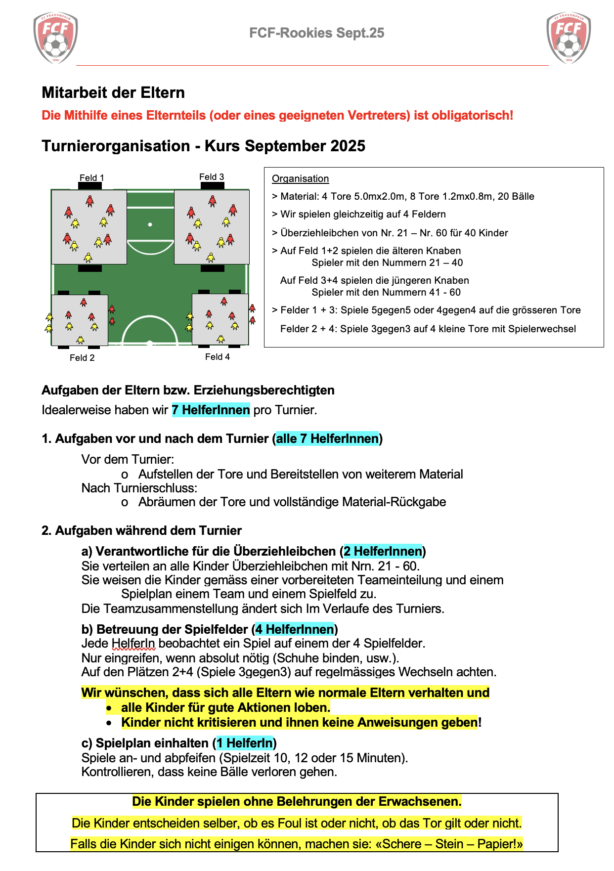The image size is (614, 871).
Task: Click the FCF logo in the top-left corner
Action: (x=55, y=39)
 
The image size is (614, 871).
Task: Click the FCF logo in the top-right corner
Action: (x=569, y=39)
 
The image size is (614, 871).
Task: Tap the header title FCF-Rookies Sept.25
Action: (x=316, y=33)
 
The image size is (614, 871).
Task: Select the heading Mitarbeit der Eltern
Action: (x=113, y=92)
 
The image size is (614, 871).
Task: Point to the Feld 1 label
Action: (x=92, y=178)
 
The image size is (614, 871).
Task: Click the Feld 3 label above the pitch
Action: (x=212, y=177)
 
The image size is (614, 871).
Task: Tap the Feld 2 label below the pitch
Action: (x=82, y=358)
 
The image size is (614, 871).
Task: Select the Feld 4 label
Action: (x=218, y=357)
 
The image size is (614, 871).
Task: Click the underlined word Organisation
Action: (x=301, y=179)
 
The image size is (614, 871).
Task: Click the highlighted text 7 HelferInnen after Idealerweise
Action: (x=211, y=410)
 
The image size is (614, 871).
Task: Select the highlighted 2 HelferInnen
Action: (x=383, y=552)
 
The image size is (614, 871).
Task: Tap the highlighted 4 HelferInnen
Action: (x=295, y=629)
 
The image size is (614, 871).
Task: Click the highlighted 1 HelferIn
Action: (x=245, y=743)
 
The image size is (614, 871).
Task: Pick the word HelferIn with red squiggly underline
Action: (x=133, y=644)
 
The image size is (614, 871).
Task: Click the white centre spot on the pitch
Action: (x=150, y=224)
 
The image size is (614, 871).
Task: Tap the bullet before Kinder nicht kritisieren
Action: (x=109, y=723)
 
